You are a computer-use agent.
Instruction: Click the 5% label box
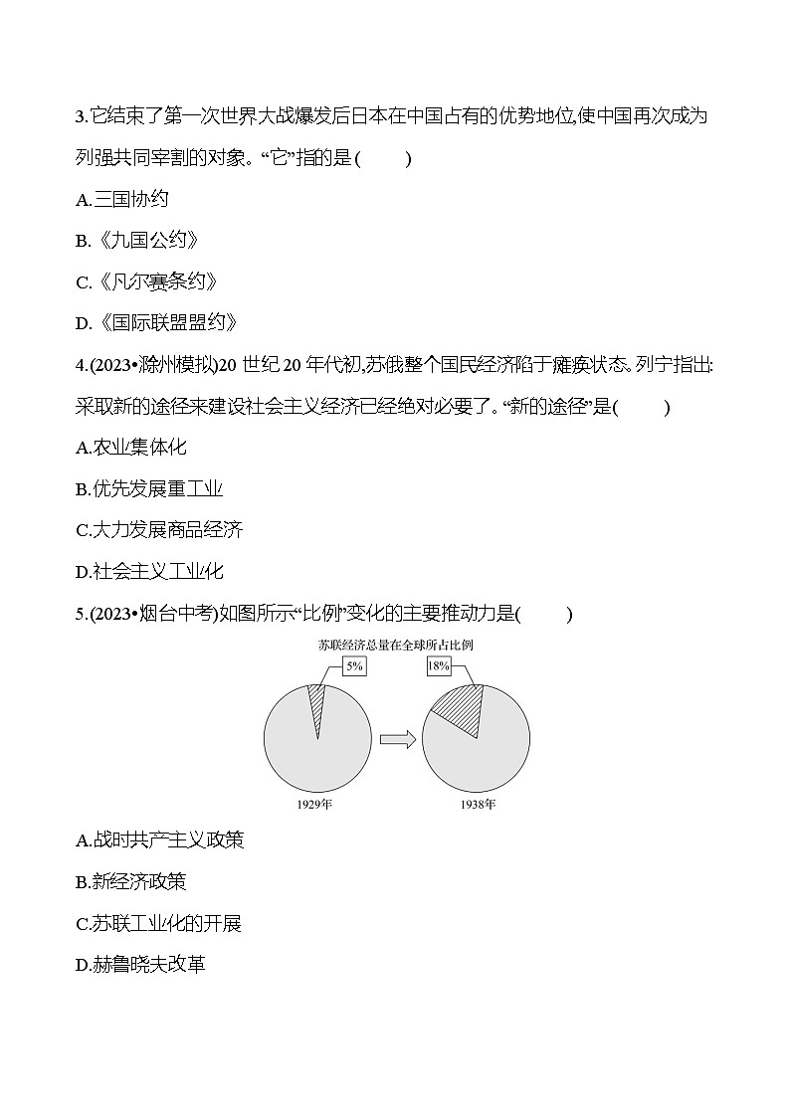353,667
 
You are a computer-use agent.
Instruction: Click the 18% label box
438,666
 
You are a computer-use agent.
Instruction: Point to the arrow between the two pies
397,739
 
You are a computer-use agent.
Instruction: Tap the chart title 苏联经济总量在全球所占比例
395,645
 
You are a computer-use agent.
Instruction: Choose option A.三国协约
122,200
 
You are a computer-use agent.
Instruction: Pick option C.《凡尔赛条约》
146,282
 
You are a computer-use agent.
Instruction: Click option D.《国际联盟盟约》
156,323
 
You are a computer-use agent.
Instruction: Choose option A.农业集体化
131,448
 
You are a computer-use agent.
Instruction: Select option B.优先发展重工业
149,488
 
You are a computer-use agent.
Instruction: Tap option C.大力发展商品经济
159,530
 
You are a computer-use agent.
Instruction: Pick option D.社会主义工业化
149,571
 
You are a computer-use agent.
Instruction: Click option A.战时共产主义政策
159,840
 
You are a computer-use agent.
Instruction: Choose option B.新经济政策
131,882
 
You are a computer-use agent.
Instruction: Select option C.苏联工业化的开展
158,924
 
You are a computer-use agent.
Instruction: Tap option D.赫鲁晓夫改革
140,965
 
